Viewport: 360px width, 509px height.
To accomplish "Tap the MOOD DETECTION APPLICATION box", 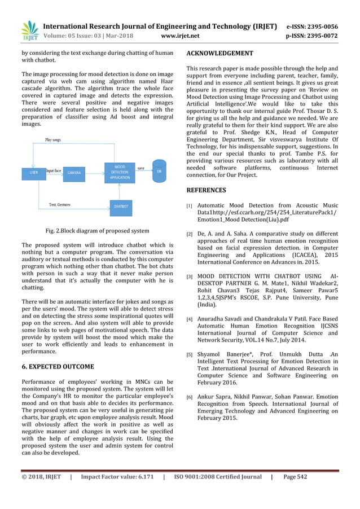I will [120, 172].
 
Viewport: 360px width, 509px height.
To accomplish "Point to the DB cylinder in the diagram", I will [159, 170].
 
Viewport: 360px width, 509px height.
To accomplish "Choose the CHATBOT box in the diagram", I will [121, 207].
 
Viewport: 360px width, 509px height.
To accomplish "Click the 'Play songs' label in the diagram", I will [53, 139].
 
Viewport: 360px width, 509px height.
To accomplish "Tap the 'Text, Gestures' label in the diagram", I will [60, 204].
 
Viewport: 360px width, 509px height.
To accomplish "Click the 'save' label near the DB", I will [141, 168].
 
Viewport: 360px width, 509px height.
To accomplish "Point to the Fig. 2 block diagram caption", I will [98, 230].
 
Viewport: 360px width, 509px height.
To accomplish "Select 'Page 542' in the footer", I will [295, 492].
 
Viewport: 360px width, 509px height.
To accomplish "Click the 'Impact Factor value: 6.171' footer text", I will [117, 492].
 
